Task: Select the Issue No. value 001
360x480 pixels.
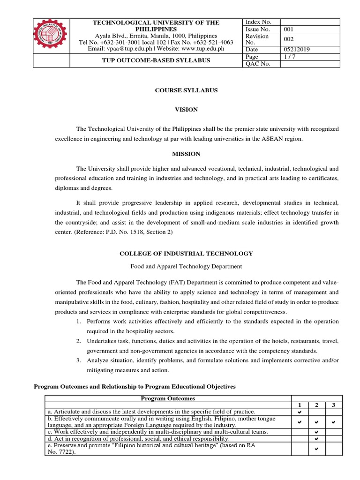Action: [289, 29]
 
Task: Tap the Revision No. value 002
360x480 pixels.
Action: [289, 39]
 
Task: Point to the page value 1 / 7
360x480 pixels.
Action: [290, 56]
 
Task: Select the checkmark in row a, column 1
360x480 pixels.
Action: [300, 412]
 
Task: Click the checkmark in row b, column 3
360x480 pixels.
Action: [333, 422]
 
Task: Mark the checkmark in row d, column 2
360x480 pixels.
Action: [316, 439]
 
